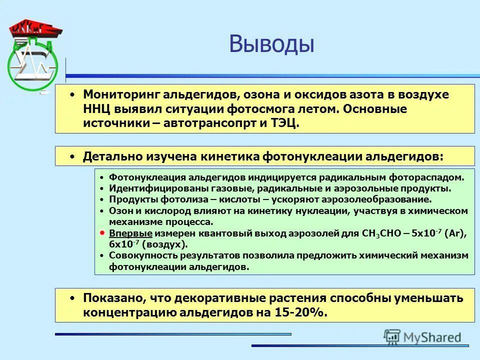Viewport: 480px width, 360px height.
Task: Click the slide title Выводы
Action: pos(271,44)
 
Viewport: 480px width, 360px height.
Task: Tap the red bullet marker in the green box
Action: pos(101,233)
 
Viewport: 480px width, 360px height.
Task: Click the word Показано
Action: pos(111,298)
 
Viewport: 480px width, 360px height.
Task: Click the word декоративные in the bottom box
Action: pos(220,298)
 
